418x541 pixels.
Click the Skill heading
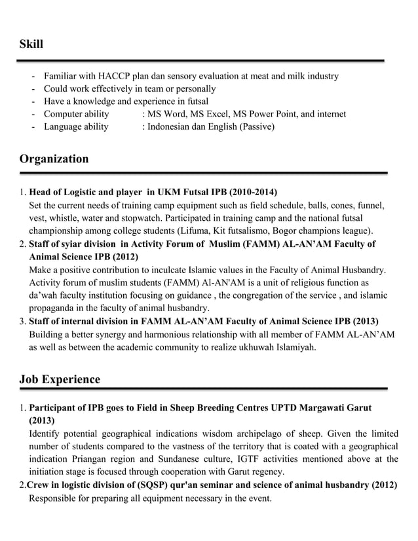(31, 44)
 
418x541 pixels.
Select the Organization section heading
(54, 159)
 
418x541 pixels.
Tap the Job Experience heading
(60, 379)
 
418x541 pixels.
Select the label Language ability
(76, 126)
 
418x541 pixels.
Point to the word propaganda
(54, 308)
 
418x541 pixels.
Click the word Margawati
(318, 407)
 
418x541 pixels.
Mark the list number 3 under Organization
(22, 321)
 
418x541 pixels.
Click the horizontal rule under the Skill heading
(200, 60)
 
